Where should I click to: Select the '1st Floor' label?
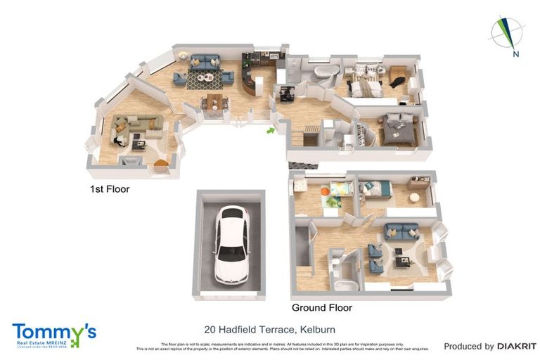tap(109, 189)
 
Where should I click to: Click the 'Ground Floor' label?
tap(321, 307)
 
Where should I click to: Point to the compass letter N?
tap(515, 54)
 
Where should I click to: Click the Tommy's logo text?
tap(53, 331)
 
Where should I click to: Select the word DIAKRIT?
tap(517, 346)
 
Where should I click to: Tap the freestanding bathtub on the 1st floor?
tap(323, 72)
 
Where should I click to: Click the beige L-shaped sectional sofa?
tap(138, 124)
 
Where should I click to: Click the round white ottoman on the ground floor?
tap(414, 199)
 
